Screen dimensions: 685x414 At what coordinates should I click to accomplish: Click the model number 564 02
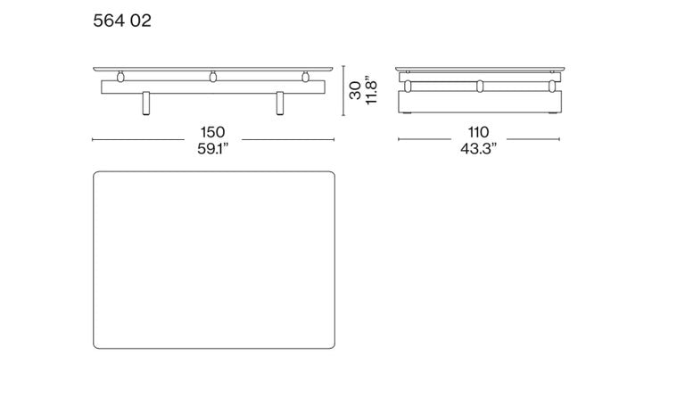pos(122,21)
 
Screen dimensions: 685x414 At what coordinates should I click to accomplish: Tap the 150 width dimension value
pos(213,132)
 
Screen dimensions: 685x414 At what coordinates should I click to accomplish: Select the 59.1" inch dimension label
pos(213,149)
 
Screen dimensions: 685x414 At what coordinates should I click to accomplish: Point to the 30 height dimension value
pos(355,90)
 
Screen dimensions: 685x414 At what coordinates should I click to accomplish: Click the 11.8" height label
pos(371,92)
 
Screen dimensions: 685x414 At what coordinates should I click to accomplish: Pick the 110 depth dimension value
pos(478,132)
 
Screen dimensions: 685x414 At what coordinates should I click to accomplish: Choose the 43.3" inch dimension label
pos(478,149)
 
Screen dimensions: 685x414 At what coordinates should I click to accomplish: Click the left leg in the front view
pos(146,103)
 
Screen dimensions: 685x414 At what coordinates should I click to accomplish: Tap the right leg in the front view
pos(280,103)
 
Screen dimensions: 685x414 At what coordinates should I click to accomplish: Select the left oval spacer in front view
pos(120,77)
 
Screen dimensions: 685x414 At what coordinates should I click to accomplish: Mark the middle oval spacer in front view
pos(213,77)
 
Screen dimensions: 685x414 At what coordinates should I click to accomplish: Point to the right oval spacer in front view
pos(305,77)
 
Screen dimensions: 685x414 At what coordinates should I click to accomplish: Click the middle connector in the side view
pos(480,87)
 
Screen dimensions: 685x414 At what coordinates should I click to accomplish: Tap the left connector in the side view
pos(408,87)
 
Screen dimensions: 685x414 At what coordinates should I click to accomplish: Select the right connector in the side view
pos(552,87)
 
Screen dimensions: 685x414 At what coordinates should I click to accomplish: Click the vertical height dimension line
pos(343,90)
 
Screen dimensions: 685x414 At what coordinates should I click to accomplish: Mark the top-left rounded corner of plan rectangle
pos(97,175)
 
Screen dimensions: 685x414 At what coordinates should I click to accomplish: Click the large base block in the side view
pos(480,102)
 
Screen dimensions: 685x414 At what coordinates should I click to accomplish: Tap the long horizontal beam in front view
pos(213,87)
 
